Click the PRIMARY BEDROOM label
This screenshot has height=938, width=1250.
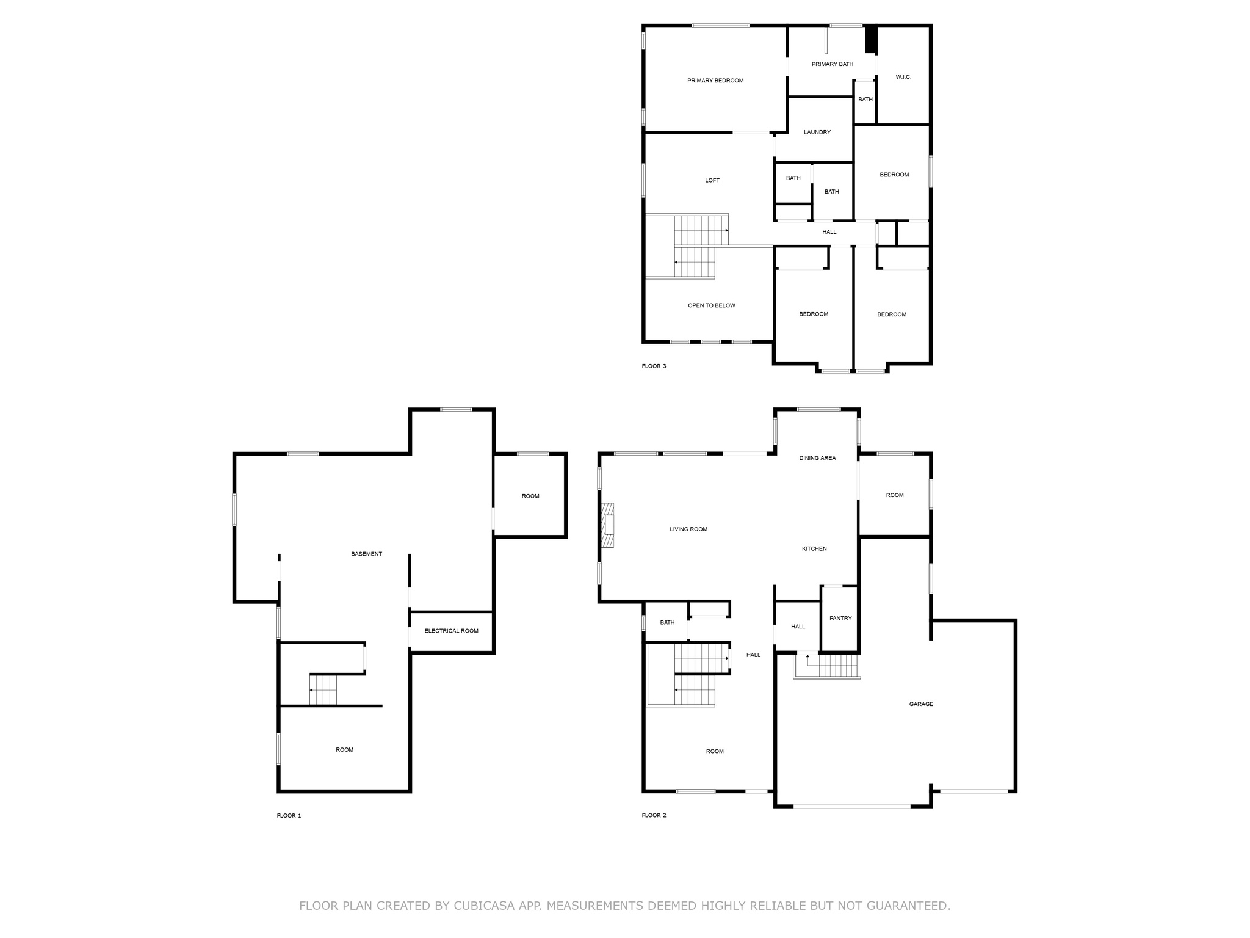point(715,81)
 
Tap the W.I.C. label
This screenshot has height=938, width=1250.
point(903,77)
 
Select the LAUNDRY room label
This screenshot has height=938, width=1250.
point(817,132)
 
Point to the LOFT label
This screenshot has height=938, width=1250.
point(712,180)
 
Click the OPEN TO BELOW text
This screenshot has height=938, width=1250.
point(712,305)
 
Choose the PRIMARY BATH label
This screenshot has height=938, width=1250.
point(833,64)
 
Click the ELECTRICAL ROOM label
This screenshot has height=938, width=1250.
point(451,631)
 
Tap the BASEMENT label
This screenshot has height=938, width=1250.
point(366,554)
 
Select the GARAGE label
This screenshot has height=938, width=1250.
point(921,704)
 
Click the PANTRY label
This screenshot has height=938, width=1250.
point(840,618)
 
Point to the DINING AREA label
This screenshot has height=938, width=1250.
point(817,458)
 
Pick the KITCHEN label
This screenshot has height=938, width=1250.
point(814,548)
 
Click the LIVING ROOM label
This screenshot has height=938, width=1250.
point(688,529)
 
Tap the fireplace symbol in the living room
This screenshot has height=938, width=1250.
point(608,525)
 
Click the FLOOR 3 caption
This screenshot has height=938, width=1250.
point(654,366)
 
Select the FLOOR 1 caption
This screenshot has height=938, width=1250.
point(289,816)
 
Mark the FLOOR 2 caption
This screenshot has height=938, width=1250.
point(654,815)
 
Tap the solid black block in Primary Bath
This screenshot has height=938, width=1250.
point(871,40)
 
